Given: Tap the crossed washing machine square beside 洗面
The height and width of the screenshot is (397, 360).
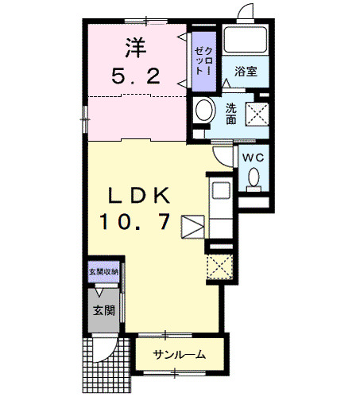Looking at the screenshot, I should tap(257, 114).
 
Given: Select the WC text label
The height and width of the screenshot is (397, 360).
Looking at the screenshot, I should tap(253, 158).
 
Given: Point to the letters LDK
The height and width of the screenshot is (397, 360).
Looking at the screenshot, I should tap(137, 195).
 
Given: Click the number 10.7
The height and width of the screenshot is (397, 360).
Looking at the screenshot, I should tap(135, 224).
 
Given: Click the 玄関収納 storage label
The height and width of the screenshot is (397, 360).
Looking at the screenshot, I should tap(104, 272).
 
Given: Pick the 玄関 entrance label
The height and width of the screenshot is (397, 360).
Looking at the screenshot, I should tap(101, 309).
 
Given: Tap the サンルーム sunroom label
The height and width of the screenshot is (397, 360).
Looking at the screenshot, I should tap(180, 355).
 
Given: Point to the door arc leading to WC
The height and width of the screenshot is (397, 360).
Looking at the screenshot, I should tap(227, 155).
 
